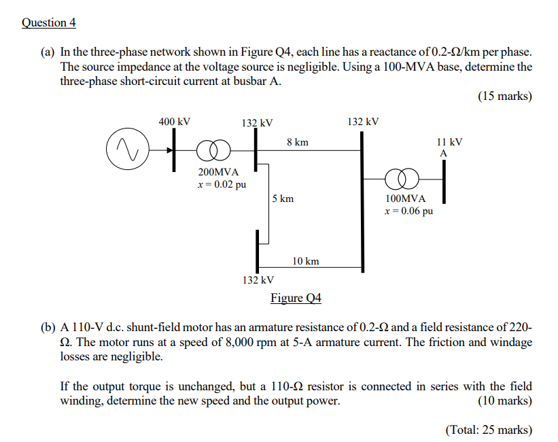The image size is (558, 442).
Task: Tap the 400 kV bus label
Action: [175, 122]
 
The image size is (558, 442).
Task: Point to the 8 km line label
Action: [298, 142]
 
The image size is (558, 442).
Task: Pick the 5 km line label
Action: [283, 199]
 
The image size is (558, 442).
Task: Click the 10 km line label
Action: [306, 261]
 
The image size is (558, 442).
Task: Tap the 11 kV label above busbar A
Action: [450, 142]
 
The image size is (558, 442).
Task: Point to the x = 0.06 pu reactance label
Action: [408, 211]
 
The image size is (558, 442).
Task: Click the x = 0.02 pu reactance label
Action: [222, 184]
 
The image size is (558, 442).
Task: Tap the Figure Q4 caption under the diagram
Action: [296, 298]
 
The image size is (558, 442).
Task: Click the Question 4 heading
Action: [49, 22]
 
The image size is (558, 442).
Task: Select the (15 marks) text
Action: [504, 96]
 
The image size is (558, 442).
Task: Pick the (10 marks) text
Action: [504, 401]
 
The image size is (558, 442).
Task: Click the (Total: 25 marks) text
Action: [489, 429]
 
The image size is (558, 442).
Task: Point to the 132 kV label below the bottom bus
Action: [258, 279]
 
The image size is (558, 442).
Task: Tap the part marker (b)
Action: [48, 328]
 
